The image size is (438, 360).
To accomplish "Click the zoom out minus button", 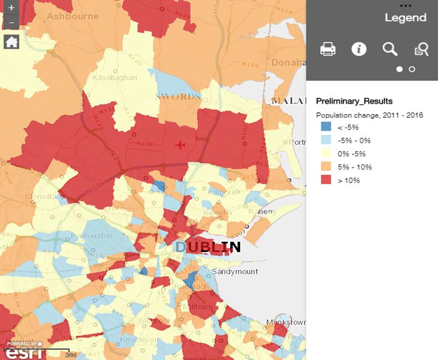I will click(x=12, y=23).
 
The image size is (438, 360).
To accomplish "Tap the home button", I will click(x=12, y=42).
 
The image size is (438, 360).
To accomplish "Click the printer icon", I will click(x=328, y=49).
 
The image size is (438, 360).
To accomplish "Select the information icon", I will click(x=358, y=49).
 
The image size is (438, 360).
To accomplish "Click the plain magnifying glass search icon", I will click(x=390, y=49).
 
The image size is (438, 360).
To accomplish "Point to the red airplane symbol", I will click(x=180, y=145).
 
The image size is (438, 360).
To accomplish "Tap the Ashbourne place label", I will click(x=73, y=16).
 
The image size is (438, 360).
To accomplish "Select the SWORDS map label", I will click(x=179, y=97).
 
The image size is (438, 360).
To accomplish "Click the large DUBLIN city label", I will click(x=208, y=247).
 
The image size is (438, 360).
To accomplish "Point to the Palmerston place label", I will click(x=91, y=236).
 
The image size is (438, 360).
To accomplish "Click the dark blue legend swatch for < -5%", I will click(x=326, y=126).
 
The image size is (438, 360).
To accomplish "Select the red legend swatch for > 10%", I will click(x=326, y=180).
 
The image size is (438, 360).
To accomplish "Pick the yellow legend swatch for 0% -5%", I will click(x=326, y=153).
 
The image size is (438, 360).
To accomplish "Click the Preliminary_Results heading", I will click(x=354, y=101).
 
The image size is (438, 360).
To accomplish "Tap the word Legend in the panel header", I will click(x=405, y=18).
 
